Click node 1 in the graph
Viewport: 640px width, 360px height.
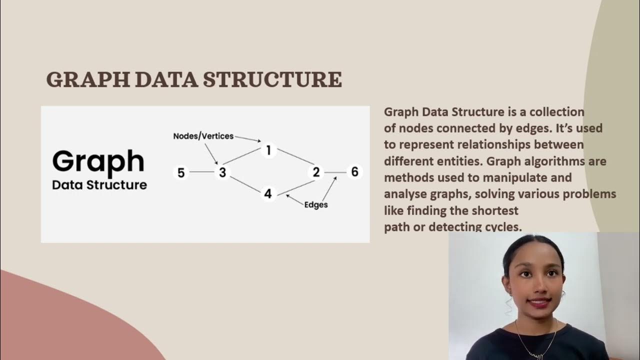(x=268, y=150)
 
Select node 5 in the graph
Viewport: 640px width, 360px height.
(x=181, y=172)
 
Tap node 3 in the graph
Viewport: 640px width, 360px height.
(x=222, y=172)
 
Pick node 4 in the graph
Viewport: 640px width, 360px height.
(x=268, y=194)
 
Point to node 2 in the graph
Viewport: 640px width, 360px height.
(x=316, y=172)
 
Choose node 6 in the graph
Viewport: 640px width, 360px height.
(x=354, y=172)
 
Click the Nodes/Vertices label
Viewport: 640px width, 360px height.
(x=203, y=136)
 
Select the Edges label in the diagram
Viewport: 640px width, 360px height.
(x=316, y=204)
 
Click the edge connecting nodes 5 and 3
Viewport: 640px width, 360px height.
(x=202, y=172)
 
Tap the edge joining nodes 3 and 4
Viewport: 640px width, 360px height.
(x=245, y=183)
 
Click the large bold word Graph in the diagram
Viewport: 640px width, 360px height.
(x=98, y=161)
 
